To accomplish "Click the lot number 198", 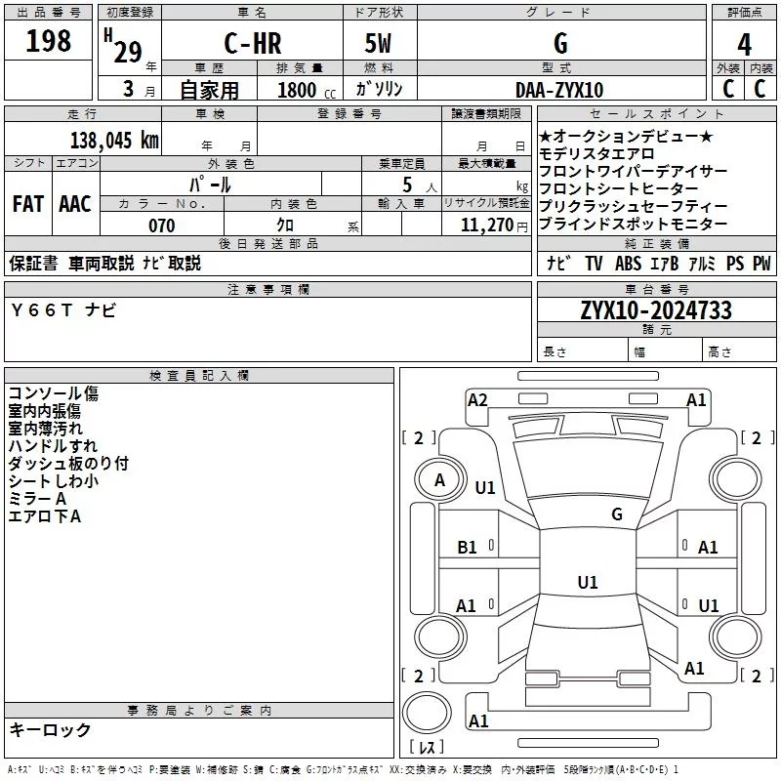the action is (49, 41).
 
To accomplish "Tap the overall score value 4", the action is (745, 44).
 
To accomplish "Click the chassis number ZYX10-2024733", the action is (655, 311).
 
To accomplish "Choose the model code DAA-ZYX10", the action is (559, 90).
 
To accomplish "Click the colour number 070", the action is (162, 226).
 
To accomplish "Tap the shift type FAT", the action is (27, 204).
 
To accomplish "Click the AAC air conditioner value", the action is (75, 204).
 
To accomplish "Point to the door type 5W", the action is (380, 44).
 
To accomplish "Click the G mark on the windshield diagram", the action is (617, 514).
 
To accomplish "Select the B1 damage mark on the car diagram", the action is (468, 548).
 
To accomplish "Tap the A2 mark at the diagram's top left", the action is (477, 399).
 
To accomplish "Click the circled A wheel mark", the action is (439, 479).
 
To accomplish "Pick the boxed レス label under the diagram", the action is (426, 749).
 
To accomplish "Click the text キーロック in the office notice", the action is (51, 729).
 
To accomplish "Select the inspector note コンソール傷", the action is (54, 393).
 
